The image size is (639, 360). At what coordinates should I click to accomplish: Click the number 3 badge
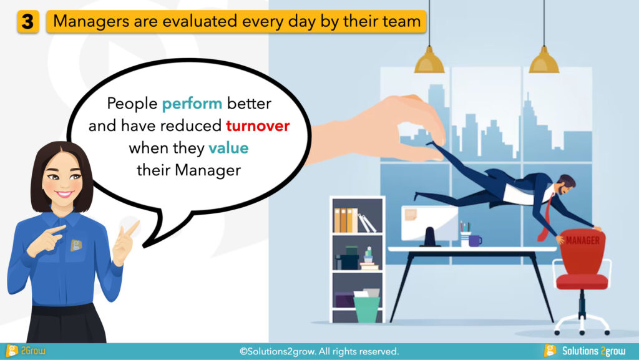pos(27,22)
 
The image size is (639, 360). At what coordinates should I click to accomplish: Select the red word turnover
pos(258,126)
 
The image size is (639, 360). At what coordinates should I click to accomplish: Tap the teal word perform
pos(192,104)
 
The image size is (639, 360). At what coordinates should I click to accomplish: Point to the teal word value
pos(228,148)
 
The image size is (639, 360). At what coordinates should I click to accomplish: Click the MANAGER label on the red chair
pos(582,240)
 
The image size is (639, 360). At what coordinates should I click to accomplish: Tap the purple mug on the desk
pos(475,241)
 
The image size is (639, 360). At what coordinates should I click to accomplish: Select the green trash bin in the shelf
pos(366,309)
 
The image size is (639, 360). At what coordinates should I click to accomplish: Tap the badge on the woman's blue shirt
pos(76,245)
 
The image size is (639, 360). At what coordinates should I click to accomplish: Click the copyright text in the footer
pos(319,351)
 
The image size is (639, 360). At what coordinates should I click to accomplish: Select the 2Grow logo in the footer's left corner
pos(25,351)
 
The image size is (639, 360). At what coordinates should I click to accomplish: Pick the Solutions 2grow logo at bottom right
pos(584,351)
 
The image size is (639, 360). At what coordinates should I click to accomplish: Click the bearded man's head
pos(566,185)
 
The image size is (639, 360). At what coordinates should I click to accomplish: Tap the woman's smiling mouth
pos(64,194)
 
